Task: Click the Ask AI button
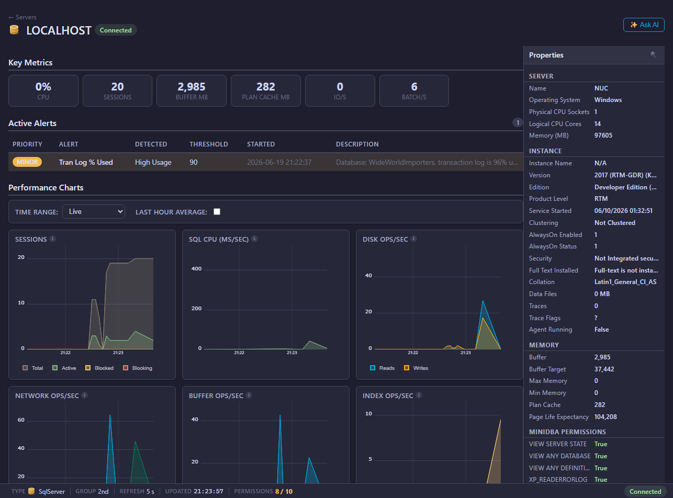(x=644, y=25)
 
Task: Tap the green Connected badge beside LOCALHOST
(x=116, y=30)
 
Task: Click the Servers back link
(x=23, y=17)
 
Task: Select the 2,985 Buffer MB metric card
(x=192, y=90)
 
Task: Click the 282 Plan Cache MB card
(x=266, y=90)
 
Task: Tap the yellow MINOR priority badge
(x=27, y=162)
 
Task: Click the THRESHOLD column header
(x=209, y=144)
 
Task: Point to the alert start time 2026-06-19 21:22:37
(x=279, y=162)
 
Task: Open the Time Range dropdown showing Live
(x=94, y=212)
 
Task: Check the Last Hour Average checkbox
(x=217, y=212)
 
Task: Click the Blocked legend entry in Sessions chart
(x=99, y=368)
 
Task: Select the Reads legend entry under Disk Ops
(x=383, y=368)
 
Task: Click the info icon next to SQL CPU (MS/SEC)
(x=254, y=239)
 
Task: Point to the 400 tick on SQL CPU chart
(x=196, y=269)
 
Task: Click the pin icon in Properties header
(x=653, y=54)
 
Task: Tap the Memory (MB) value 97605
(x=603, y=135)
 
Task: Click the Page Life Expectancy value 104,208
(x=605, y=417)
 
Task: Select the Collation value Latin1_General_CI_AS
(x=625, y=282)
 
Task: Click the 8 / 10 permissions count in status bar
(x=284, y=491)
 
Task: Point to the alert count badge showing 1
(x=518, y=123)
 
